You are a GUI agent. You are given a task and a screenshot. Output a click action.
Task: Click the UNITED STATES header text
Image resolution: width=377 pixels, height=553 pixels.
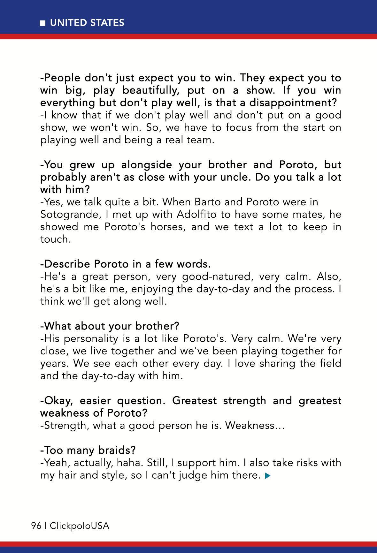(87, 23)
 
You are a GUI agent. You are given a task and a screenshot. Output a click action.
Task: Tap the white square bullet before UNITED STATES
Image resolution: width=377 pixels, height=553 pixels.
(42, 23)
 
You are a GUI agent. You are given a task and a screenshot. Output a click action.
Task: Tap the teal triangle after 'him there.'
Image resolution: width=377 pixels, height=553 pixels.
(268, 476)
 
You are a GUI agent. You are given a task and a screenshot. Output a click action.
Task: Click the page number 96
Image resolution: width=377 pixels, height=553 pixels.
(36, 526)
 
